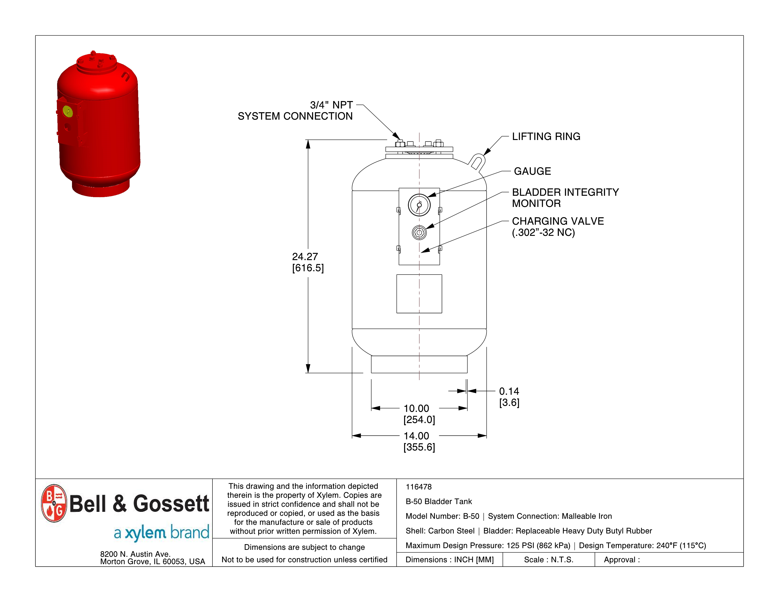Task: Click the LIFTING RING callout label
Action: (x=546, y=137)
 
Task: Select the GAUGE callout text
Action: (x=532, y=172)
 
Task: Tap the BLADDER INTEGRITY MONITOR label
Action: (x=565, y=198)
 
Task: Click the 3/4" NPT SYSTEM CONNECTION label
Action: (x=295, y=110)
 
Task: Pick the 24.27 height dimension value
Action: (x=305, y=257)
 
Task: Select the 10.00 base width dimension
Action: (x=416, y=409)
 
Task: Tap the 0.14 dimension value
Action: (x=509, y=392)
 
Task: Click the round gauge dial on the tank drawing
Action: (x=419, y=205)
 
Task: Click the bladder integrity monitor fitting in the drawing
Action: (x=419, y=233)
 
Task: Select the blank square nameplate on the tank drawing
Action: (x=419, y=294)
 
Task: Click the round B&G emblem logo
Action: (x=54, y=503)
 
